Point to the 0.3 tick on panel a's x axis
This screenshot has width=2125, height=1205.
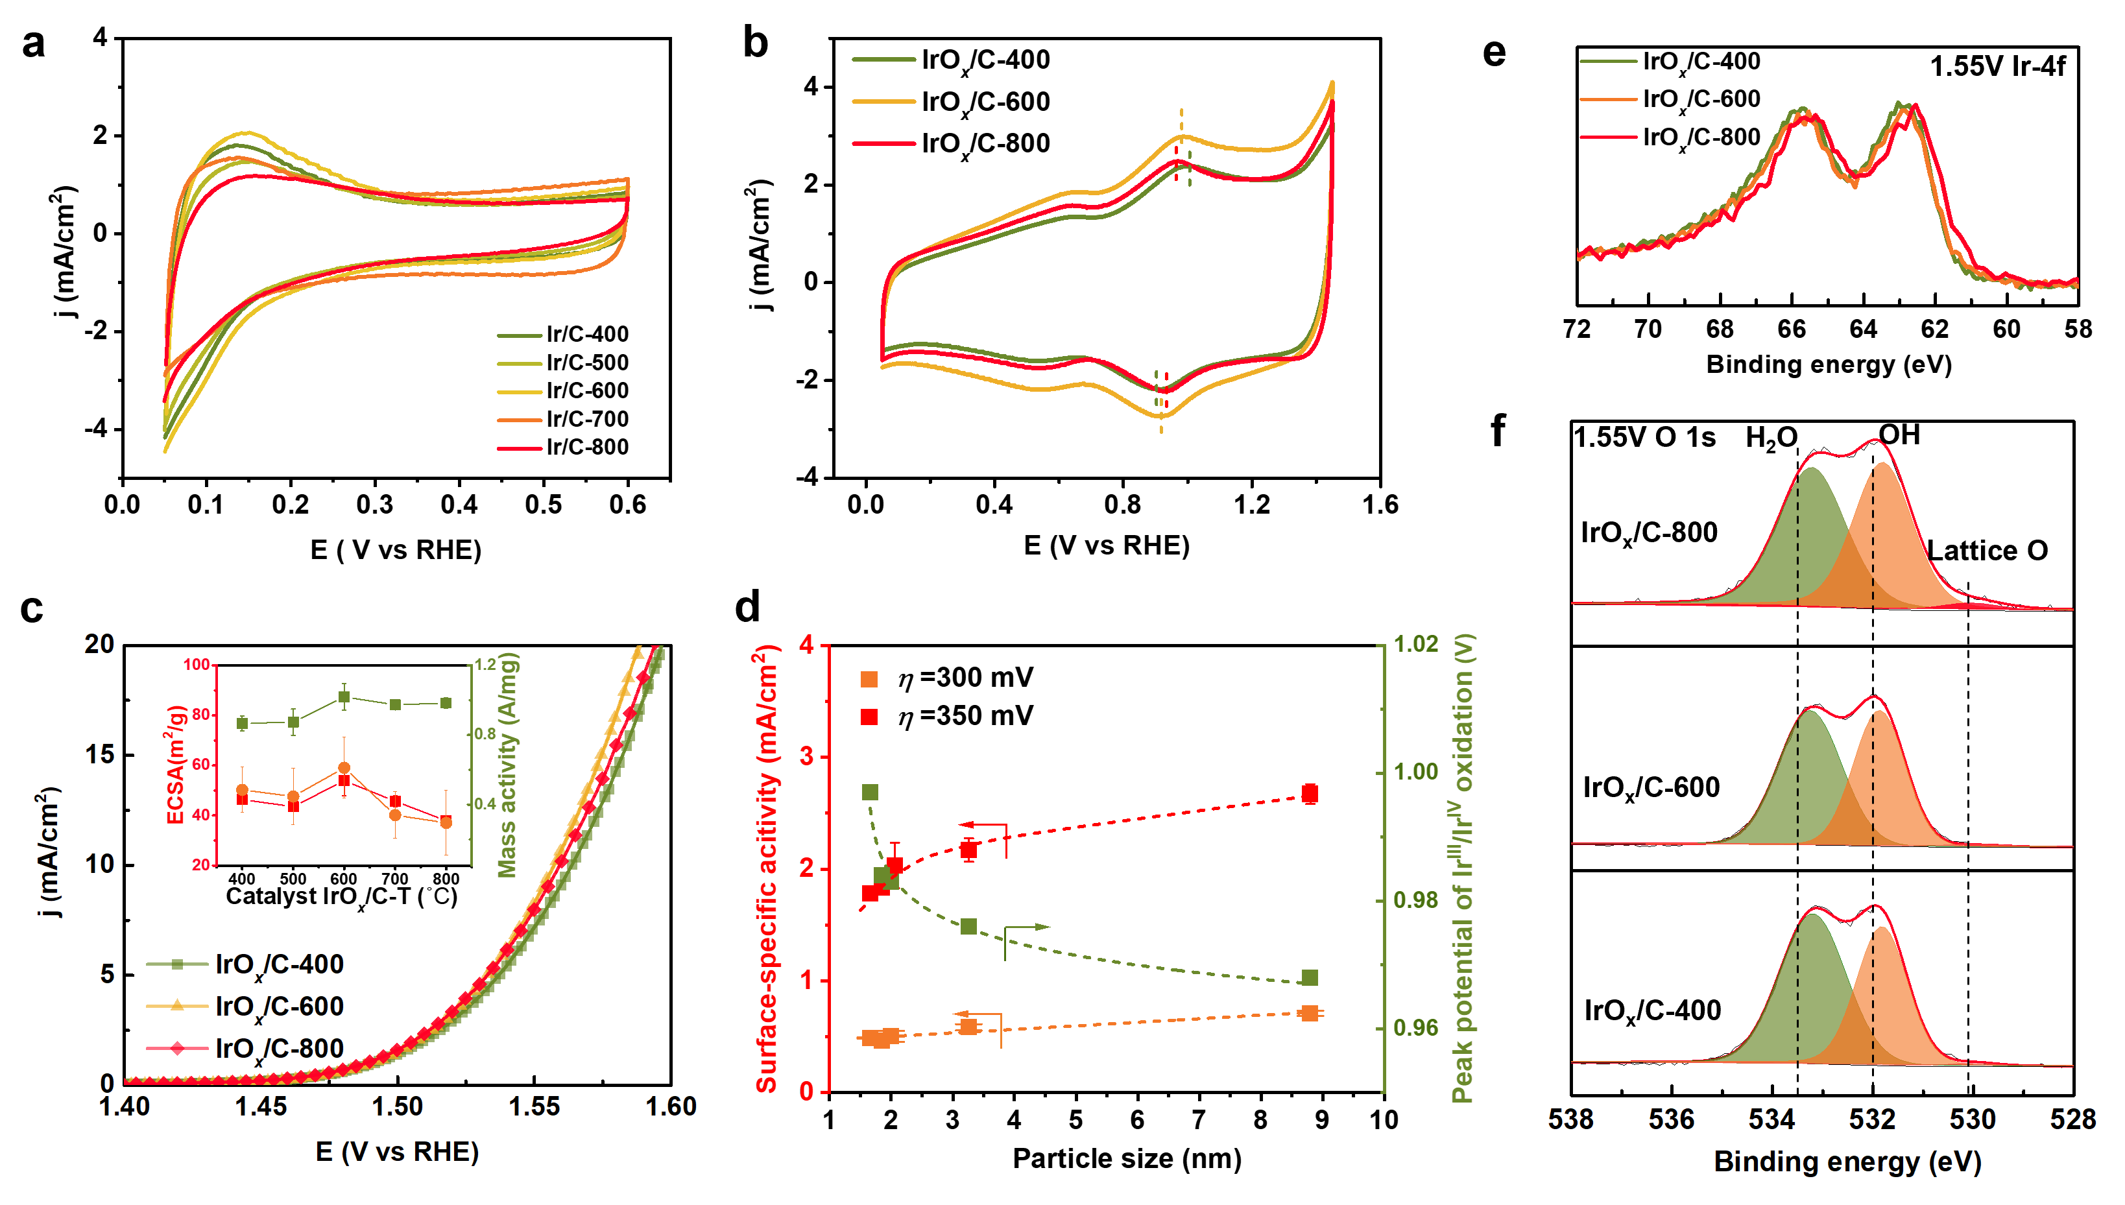375,504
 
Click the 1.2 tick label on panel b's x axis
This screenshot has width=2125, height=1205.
1251,504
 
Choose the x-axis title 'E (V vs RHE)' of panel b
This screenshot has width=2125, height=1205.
1107,545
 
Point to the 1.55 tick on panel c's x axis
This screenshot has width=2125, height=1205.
534,1106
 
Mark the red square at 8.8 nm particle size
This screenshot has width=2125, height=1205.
1309,794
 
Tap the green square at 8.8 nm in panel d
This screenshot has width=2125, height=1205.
1309,978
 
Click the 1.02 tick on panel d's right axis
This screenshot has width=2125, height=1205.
1416,644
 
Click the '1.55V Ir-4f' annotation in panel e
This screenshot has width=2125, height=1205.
1997,66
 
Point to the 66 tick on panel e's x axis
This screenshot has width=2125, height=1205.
1792,329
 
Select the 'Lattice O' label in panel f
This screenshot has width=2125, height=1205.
1987,551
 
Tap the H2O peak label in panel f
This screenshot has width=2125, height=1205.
1771,438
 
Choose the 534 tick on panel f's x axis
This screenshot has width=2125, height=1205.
1771,1120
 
